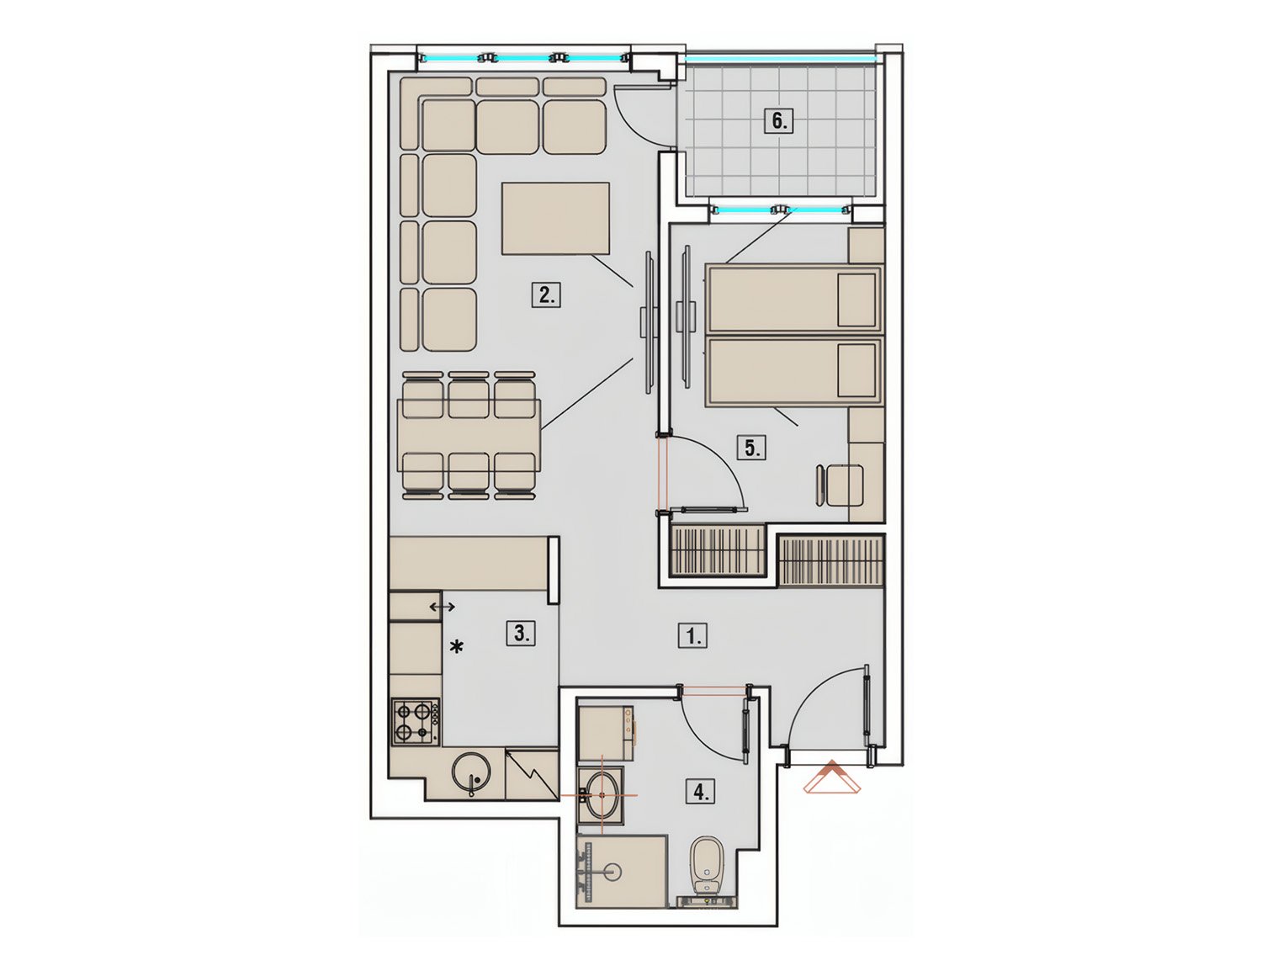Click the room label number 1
pos(692,636)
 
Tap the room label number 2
pos(546,295)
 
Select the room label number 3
pos(521,633)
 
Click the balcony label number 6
pos(778,121)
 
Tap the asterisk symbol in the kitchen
pos(456,648)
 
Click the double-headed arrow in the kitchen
pos(443,607)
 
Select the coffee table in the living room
pos(555,218)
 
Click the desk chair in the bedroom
pos(840,485)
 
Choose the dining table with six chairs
pos(469,435)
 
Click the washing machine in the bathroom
pos(605,733)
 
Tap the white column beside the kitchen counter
pos(554,570)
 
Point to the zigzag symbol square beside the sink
pos(532,774)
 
